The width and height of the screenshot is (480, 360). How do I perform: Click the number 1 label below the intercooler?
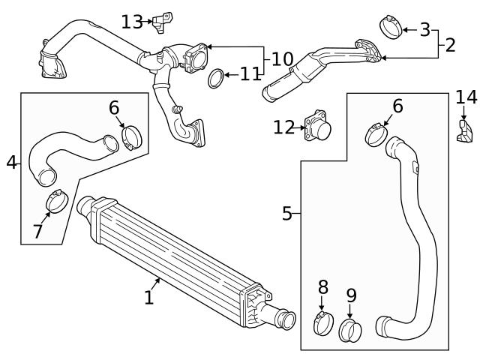click(148, 298)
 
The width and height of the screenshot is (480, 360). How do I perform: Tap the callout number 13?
click(132, 22)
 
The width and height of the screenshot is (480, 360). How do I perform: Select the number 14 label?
click(466, 97)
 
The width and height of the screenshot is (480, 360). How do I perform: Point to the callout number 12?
click(284, 127)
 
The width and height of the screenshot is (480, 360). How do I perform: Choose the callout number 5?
click(286, 214)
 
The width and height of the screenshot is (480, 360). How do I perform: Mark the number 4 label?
click(10, 161)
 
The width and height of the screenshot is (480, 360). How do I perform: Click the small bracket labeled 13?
click(160, 22)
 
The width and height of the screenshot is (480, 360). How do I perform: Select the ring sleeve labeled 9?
click(350, 329)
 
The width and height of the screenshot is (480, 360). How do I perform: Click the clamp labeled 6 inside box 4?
click(131, 137)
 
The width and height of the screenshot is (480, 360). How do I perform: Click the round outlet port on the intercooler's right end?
click(286, 320)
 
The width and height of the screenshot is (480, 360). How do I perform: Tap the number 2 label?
click(449, 44)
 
